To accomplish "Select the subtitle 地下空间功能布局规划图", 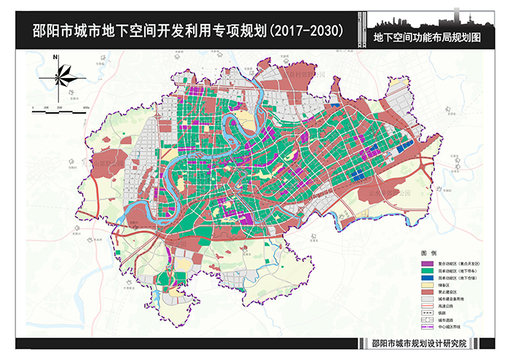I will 429,36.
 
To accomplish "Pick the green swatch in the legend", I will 428,270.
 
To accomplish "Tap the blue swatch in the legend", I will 428,278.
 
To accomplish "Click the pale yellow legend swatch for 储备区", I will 428,285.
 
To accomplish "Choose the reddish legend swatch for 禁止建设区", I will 428,292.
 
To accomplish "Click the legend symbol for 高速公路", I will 428,307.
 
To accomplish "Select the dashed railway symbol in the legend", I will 428,314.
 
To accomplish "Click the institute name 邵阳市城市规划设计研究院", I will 418,345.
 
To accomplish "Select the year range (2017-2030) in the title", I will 305,32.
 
